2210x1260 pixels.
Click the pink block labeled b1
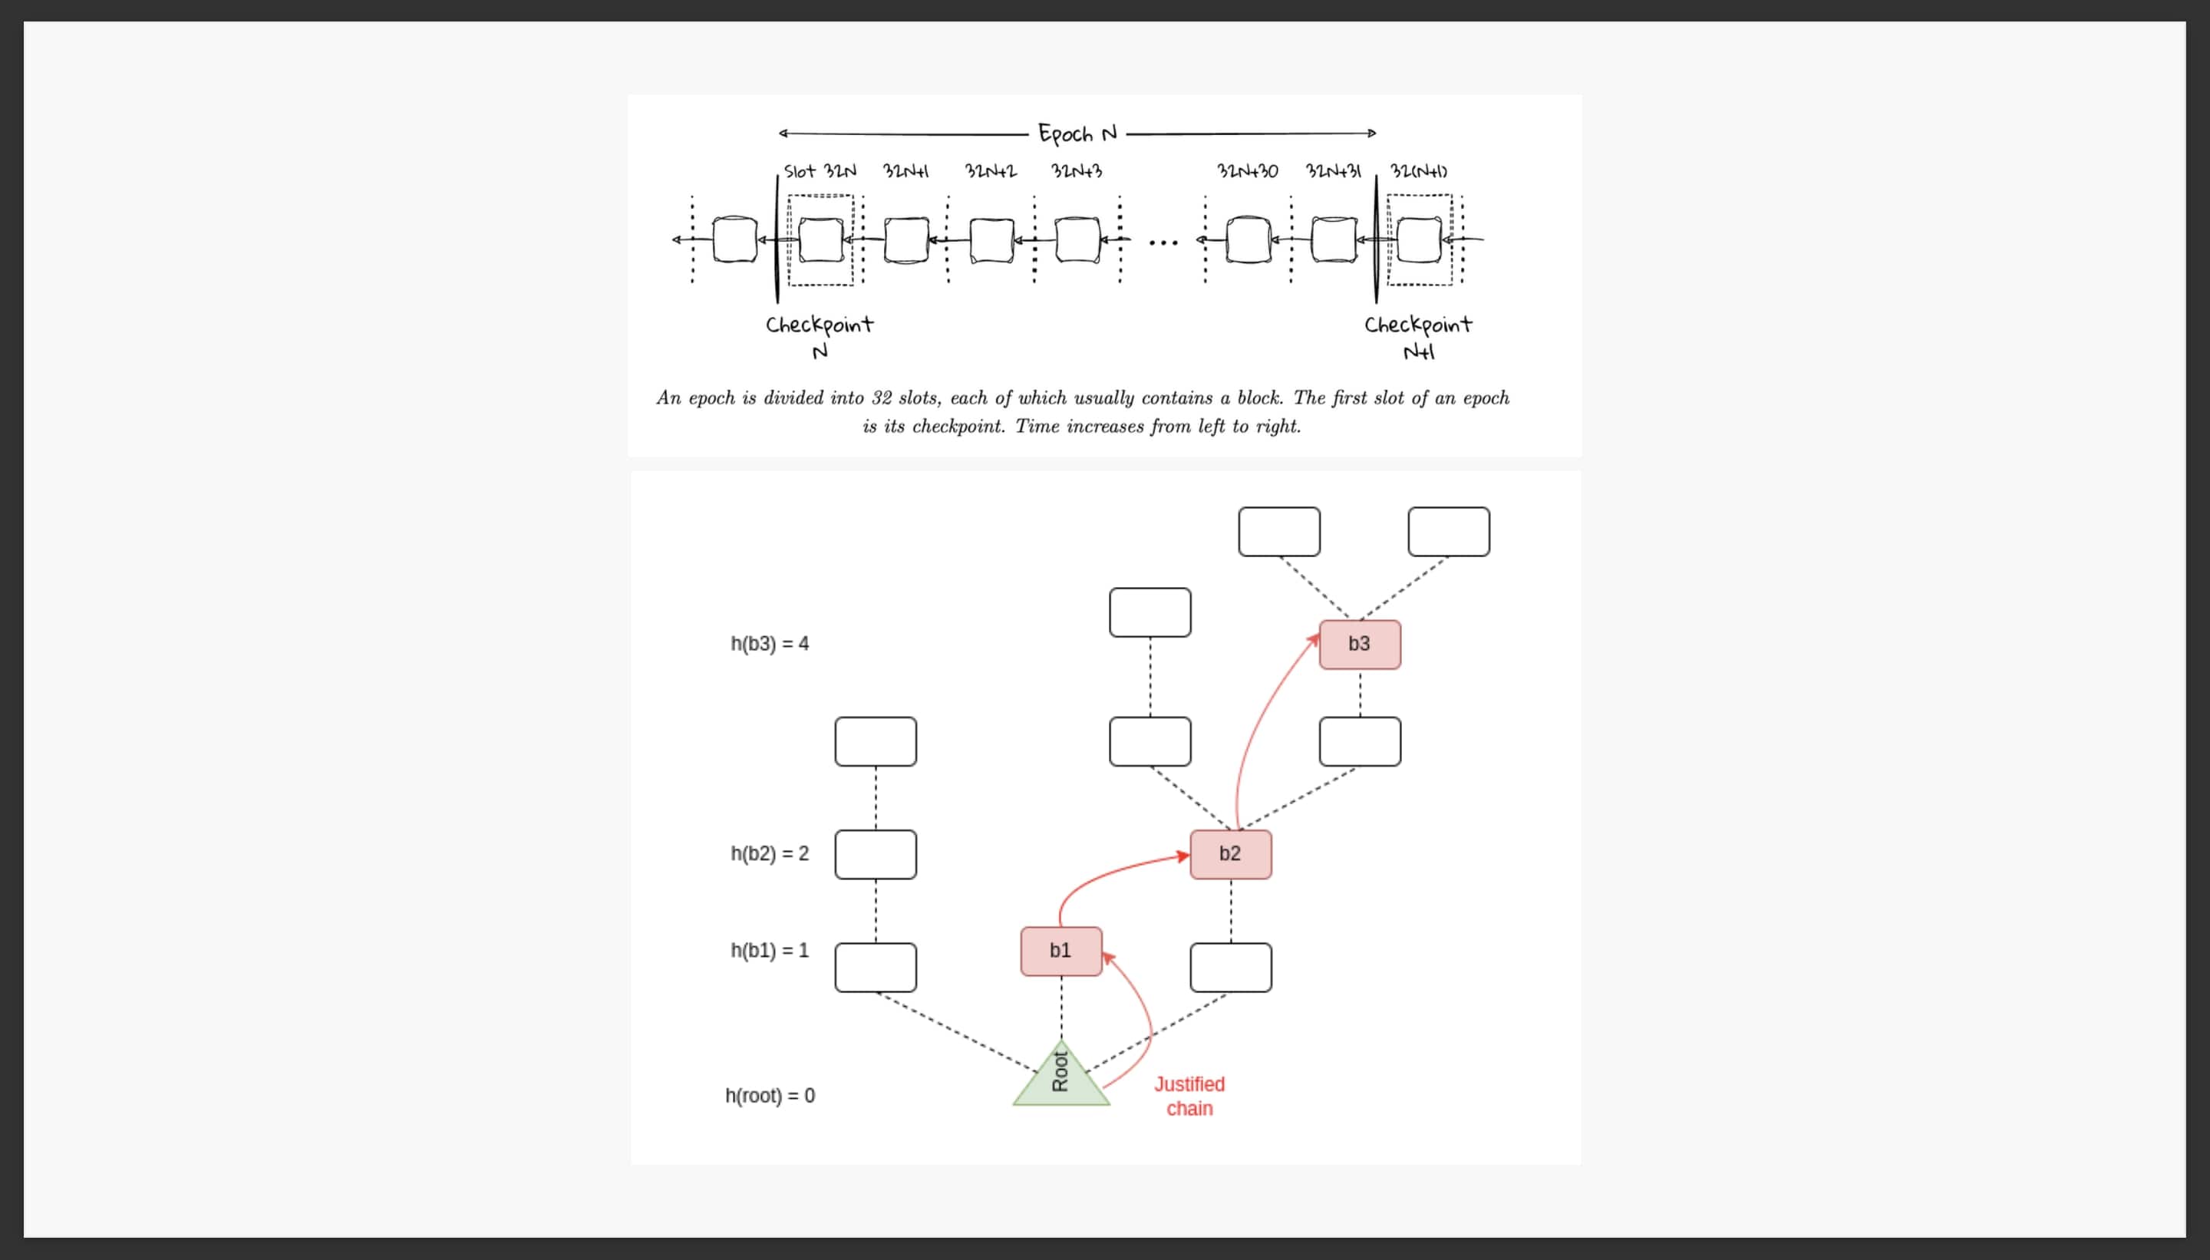click(1060, 951)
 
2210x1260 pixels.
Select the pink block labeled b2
click(1231, 854)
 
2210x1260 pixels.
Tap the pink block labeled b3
click(1360, 644)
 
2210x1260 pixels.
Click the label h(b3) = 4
click(769, 644)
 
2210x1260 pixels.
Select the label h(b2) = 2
click(769, 854)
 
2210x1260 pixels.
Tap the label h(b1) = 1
click(769, 950)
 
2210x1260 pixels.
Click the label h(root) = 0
click(769, 1096)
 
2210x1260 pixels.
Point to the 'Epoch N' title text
click(1077, 134)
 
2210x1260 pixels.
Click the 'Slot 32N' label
click(820, 170)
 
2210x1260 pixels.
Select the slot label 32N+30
click(1247, 170)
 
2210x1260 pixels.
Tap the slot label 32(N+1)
click(1418, 170)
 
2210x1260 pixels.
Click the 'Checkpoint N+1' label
click(1418, 337)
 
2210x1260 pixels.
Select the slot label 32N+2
click(991, 170)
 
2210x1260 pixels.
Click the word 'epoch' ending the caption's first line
click(1486, 398)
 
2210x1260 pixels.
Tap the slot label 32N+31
click(1333, 170)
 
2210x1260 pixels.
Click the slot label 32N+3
click(1077, 170)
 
